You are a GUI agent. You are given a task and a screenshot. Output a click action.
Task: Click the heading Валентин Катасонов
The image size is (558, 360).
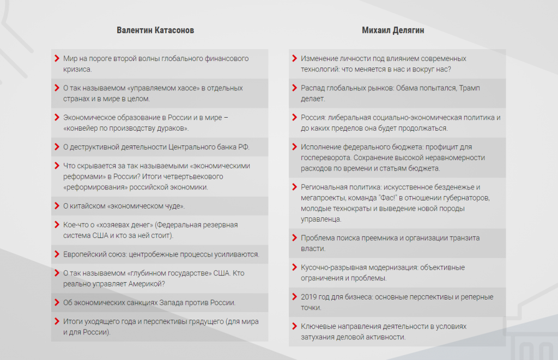pos(155,30)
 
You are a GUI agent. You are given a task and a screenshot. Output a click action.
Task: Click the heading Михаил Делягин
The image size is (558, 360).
pos(393,30)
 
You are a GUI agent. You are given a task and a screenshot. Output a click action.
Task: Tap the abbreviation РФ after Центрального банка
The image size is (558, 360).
pos(243,147)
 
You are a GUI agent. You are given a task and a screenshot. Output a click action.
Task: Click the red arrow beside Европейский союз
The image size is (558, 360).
pos(57,254)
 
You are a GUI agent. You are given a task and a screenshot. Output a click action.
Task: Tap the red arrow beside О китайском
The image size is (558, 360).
pos(57,206)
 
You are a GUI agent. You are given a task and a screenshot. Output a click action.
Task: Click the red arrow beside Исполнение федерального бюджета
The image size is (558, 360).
pos(294,147)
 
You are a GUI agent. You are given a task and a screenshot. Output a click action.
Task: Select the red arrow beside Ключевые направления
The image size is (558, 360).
pos(294,326)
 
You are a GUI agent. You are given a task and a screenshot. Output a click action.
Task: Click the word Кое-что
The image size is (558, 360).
pos(76,224)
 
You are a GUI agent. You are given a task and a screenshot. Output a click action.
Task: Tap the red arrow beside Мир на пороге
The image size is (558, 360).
pos(57,58)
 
